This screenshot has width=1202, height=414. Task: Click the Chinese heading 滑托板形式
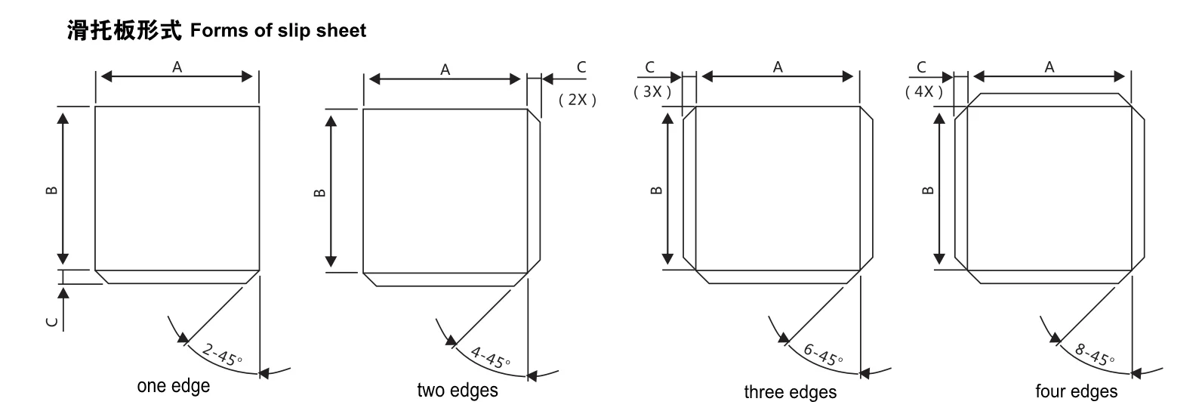[125, 30]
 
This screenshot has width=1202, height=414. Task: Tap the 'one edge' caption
[174, 385]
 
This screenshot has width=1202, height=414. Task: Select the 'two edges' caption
[458, 390]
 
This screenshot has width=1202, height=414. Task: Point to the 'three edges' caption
[790, 392]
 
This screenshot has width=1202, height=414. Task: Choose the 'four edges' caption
[1076, 391]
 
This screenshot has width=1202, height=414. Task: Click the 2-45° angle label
[222, 354]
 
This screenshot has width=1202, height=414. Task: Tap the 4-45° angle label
[490, 357]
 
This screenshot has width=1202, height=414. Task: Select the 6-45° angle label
[823, 354]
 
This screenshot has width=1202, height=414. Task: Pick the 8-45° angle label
[1094, 354]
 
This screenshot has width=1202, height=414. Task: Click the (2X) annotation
[578, 100]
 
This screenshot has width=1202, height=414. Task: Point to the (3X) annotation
[652, 92]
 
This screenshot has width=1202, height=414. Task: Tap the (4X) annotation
[923, 92]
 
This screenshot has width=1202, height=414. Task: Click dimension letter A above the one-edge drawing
[177, 67]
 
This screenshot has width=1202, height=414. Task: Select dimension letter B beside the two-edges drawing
[319, 192]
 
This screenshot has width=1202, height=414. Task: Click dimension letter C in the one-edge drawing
[51, 322]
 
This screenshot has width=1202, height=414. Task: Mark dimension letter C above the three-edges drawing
[650, 67]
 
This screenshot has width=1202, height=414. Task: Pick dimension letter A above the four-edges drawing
[1049, 67]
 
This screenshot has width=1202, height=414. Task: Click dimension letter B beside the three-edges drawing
[656, 190]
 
